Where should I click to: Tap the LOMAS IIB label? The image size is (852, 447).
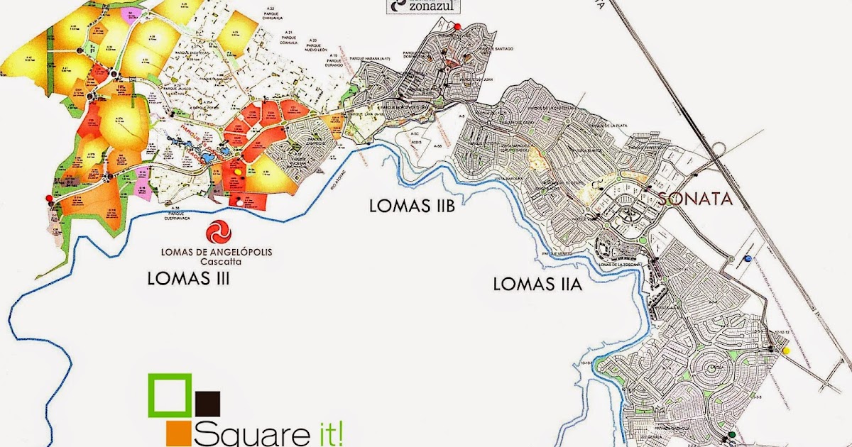click(x=412, y=206)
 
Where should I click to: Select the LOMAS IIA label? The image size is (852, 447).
click(x=537, y=285)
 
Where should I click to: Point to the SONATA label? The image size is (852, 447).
click(x=695, y=199)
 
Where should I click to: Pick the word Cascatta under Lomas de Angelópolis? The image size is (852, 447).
click(x=218, y=260)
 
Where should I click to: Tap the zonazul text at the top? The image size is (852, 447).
click(x=431, y=6)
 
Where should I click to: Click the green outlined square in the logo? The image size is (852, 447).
click(x=170, y=394)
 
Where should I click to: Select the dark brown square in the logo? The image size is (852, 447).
click(x=207, y=403)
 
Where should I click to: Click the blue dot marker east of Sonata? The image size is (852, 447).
click(x=749, y=259)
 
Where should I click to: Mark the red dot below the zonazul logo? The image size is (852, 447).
click(x=458, y=26)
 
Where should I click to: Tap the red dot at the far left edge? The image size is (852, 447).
click(x=48, y=197)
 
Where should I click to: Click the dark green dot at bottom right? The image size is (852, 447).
click(x=731, y=434)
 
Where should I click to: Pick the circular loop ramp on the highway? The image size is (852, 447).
click(x=717, y=149)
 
